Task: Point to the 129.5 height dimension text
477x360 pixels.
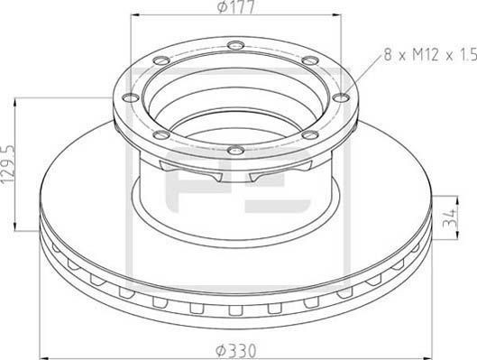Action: pyautogui.click(x=9, y=163)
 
